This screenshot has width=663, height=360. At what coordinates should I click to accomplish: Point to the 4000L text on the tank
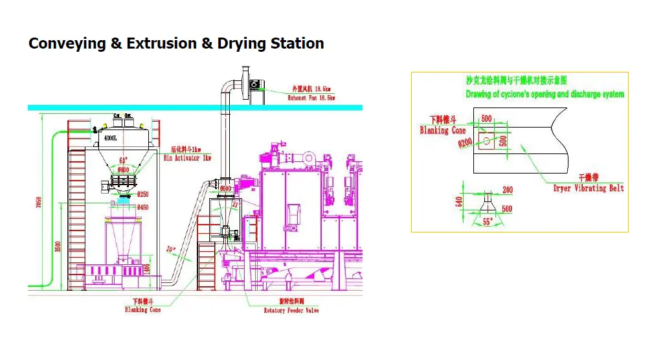(111, 138)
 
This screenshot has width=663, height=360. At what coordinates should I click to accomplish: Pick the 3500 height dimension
(59, 247)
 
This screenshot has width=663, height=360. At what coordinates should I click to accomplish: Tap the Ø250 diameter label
(143, 194)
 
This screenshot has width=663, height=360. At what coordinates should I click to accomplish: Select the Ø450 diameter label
(143, 207)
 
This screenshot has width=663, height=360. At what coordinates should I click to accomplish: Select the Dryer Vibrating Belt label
(589, 188)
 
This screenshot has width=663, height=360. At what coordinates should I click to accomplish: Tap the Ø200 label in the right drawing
(465, 143)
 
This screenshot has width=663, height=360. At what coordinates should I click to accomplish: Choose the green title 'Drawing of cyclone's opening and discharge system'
(545, 94)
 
